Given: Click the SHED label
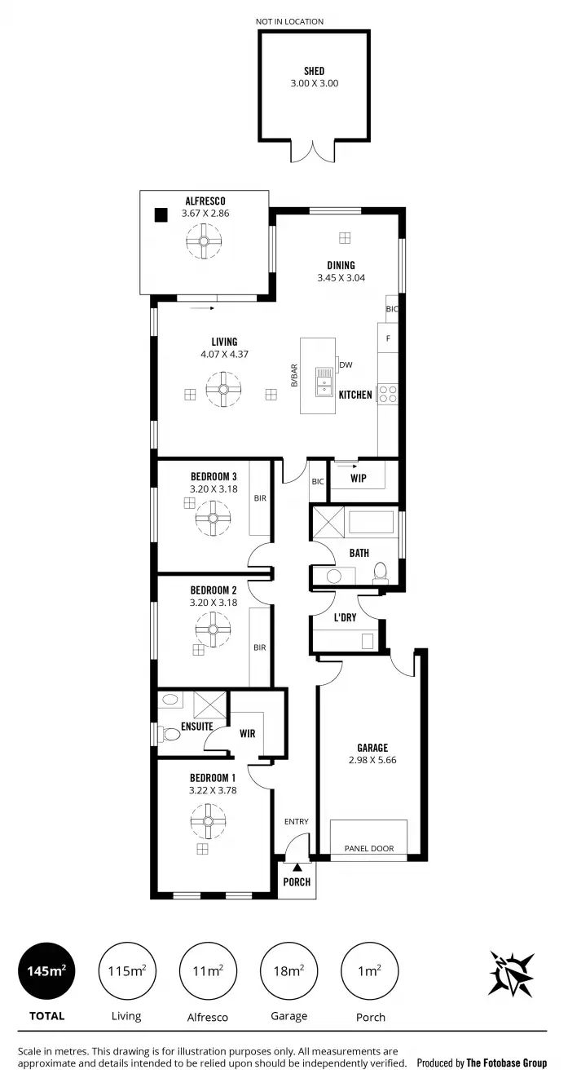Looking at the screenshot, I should pos(314,71).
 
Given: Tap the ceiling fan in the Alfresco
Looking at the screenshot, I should pos(204,241).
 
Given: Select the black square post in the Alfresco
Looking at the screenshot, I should pos(161,215).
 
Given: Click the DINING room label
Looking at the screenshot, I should pos(341,265).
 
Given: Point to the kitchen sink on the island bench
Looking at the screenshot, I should pos(325,378).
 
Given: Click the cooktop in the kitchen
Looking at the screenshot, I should pos(388,395).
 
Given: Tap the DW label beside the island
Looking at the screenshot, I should pos(346,365).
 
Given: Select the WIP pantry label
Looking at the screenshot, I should pos(358,478).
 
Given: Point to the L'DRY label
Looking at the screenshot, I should pos(345,617).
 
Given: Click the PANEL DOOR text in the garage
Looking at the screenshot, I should pos(368,849).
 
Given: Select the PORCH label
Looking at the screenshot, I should pos(296,882).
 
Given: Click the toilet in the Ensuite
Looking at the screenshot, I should pos(170,734).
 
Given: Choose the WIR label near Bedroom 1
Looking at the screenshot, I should pos(247,733).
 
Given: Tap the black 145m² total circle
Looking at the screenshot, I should pos(46,970).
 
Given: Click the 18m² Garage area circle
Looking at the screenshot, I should pos(288,970).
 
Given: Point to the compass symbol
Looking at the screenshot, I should pos(511,974).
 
